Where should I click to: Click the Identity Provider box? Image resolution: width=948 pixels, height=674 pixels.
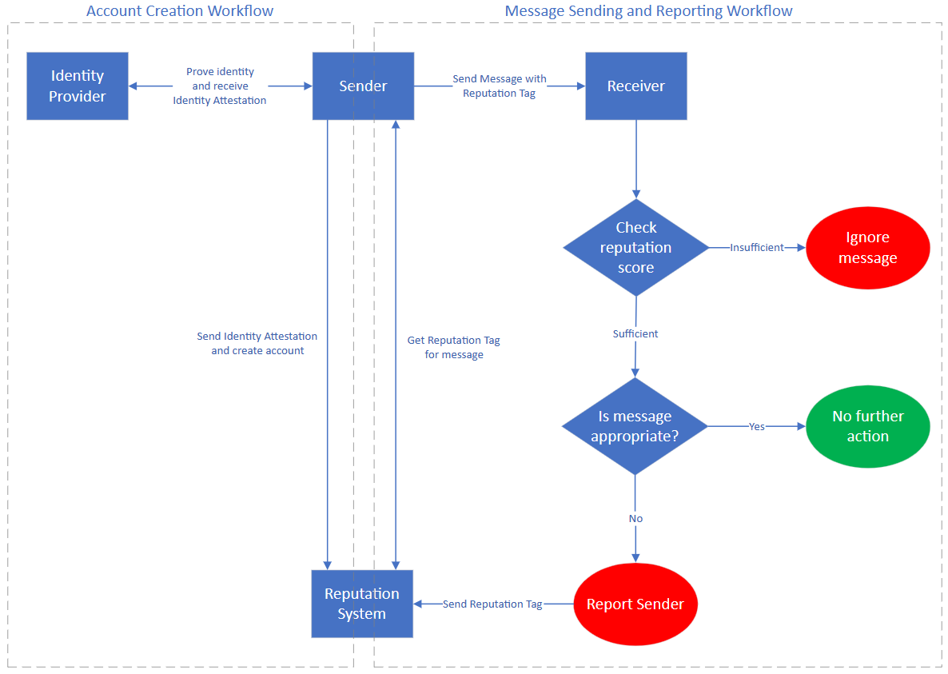(78, 86)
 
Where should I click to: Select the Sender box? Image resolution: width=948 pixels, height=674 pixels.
(363, 86)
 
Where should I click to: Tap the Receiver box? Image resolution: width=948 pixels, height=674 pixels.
(635, 86)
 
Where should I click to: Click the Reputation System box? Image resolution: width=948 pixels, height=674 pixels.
(362, 604)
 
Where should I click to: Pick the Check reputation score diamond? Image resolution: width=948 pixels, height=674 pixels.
(635, 248)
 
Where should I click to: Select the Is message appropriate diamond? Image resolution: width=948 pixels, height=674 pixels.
(635, 426)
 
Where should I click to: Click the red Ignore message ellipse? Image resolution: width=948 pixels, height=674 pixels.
(867, 248)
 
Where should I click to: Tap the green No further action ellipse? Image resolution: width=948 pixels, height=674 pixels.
(867, 426)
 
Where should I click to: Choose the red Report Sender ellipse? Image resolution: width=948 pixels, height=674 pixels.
(635, 604)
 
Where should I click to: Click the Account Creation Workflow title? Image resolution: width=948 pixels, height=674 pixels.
(180, 11)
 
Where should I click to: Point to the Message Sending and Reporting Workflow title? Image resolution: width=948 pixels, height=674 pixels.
(648, 11)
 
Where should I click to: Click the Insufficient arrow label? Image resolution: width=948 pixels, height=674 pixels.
(756, 248)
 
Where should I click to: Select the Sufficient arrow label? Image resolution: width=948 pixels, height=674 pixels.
(635, 333)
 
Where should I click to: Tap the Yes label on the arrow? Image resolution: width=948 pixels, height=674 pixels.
(756, 426)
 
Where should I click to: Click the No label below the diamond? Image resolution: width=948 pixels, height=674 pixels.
(635, 518)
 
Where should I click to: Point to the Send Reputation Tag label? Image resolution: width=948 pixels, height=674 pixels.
(492, 604)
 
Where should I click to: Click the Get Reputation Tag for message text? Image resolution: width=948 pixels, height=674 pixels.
(453, 347)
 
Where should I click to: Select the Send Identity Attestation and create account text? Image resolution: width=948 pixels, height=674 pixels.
(257, 344)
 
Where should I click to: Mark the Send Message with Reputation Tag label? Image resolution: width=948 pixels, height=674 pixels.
(500, 86)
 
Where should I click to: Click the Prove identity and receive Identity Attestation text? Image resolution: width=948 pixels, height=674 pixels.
(220, 86)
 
